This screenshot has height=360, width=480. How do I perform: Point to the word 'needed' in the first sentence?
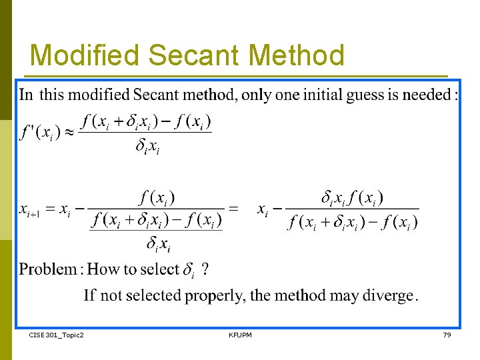pyautogui.click(x=427, y=95)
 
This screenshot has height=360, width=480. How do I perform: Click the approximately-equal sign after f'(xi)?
pyautogui.click(x=67, y=132)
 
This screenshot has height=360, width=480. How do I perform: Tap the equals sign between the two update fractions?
pyautogui.click(x=233, y=209)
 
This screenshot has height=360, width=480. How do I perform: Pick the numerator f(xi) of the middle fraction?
pyautogui.click(x=156, y=197)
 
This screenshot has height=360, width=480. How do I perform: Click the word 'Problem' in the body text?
pyautogui.click(x=48, y=269)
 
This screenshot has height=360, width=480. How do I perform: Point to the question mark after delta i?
pyautogui.click(x=205, y=269)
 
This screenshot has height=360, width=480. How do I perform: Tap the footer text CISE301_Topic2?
pyautogui.click(x=57, y=335)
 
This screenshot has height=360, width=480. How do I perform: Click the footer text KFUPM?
pyautogui.click(x=240, y=335)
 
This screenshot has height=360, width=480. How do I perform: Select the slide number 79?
pyautogui.click(x=447, y=335)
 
